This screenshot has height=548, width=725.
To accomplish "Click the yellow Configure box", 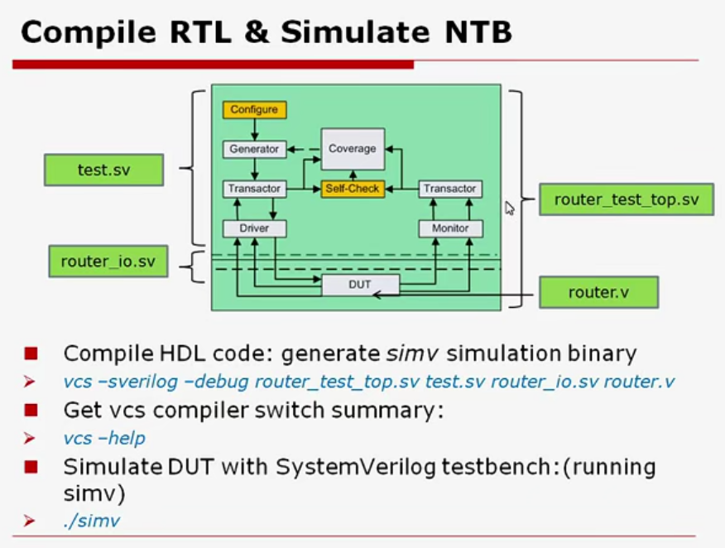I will pos(254,109).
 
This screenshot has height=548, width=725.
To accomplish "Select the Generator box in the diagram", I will pos(253,149).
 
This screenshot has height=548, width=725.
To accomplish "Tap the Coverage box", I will pos(352,149).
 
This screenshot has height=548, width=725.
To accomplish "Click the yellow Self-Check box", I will pos(352,189).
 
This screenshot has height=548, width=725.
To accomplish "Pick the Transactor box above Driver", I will pos(253,189).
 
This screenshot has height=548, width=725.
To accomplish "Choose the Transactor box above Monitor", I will pos(449,189).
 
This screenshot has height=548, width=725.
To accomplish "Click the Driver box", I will pos(253,228).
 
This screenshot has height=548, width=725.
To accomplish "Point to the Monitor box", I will pos(449,228).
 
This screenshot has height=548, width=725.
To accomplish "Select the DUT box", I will pos(360,286).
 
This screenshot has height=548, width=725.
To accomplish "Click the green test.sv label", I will pos(103,170).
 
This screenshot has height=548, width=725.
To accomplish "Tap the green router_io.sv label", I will pos(108,262).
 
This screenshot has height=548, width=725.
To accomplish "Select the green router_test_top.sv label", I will pos(626,199).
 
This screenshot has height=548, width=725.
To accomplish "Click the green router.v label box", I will pos(598,292).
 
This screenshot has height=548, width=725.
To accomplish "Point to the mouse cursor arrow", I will pos(509,207).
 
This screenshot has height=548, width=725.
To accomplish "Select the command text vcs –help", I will pos(104,438).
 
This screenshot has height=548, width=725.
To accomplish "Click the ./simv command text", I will pos(93,521).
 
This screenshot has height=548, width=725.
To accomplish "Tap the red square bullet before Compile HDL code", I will pos(31,353).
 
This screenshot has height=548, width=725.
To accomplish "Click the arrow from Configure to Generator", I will pos(254,129).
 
